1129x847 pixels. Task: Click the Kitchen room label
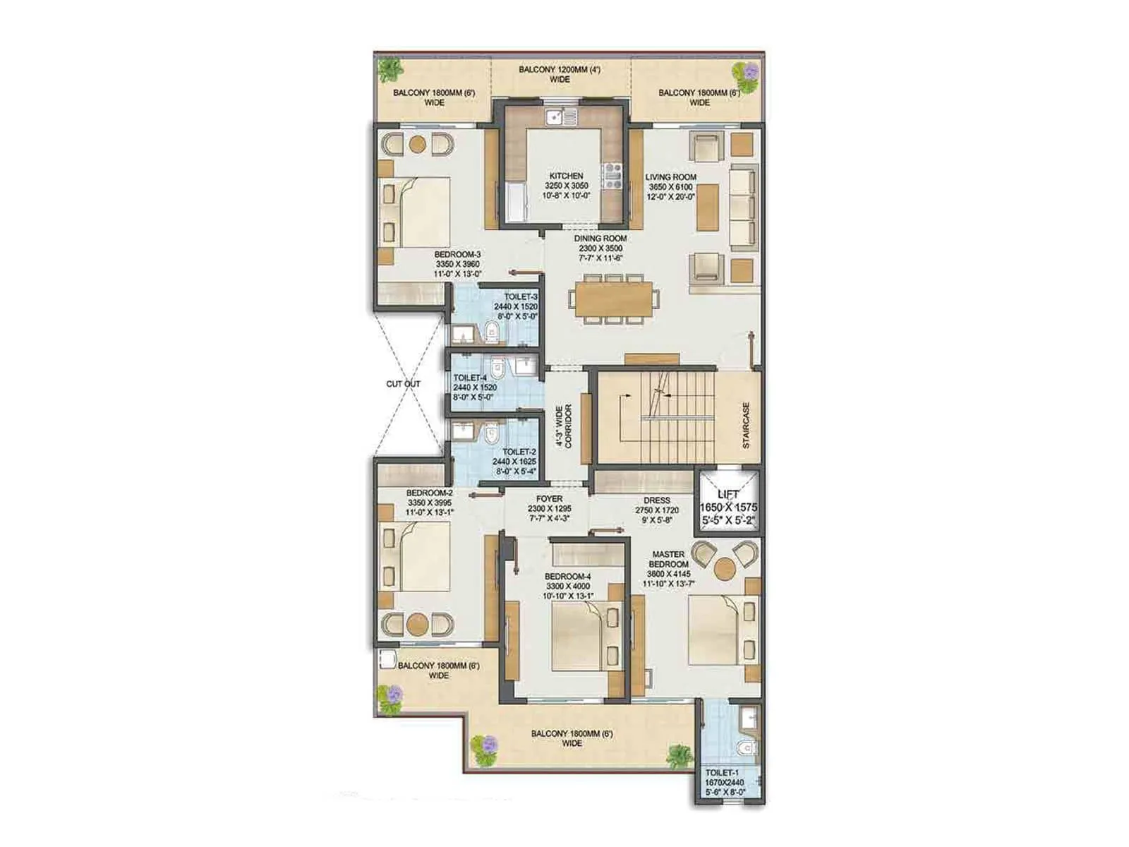(x=566, y=176)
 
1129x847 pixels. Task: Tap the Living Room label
(x=670, y=177)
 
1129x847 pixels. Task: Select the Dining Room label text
(x=600, y=239)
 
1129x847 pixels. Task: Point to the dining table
(x=613, y=299)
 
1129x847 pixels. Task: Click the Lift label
(x=727, y=495)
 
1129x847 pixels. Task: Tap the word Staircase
(x=746, y=426)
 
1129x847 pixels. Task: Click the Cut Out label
(x=403, y=384)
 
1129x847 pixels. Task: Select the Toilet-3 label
(x=520, y=297)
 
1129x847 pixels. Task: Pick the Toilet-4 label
(x=470, y=378)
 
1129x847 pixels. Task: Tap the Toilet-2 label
(x=519, y=452)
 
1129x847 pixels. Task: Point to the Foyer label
(x=549, y=499)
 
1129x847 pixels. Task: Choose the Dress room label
(x=656, y=500)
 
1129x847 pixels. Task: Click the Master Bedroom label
(x=668, y=559)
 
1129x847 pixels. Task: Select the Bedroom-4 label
(x=567, y=577)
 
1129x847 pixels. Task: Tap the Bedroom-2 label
(x=429, y=493)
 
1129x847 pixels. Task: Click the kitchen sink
(x=560, y=116)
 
